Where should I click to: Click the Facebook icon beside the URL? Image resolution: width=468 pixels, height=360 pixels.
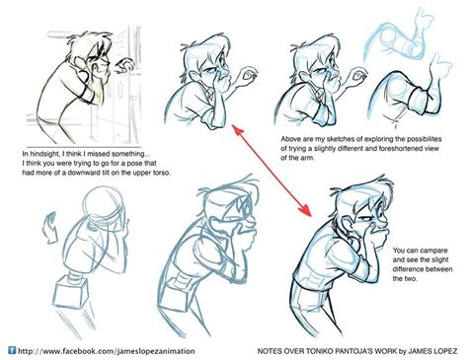[x=13, y=349]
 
